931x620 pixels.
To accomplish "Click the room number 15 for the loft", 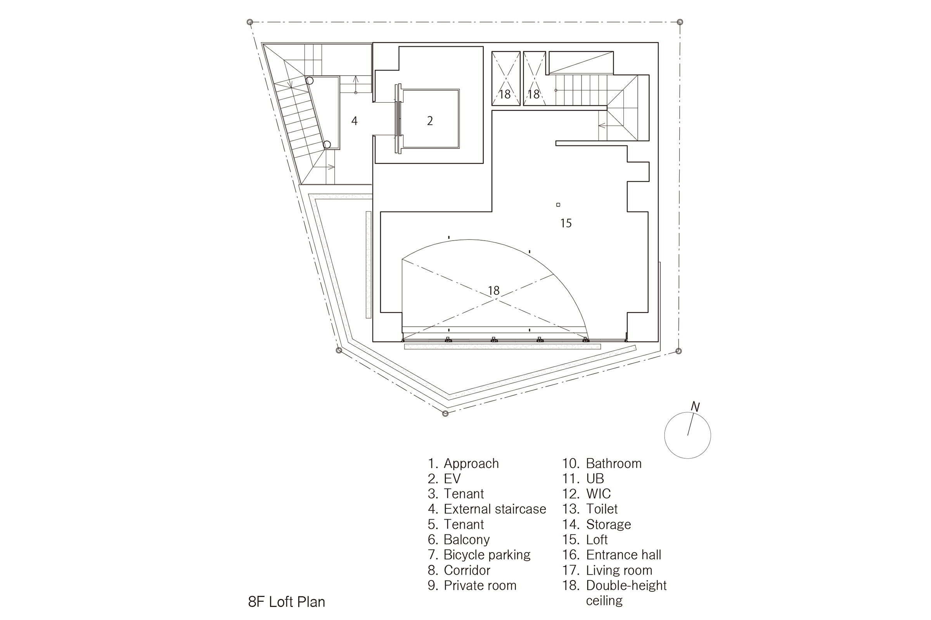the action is (566, 224).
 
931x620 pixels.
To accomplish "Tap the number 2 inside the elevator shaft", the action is (430, 121).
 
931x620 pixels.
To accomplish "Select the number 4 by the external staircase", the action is (354, 121).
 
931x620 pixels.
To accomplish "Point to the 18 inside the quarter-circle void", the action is (493, 291).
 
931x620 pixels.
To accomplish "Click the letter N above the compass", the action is (695, 407).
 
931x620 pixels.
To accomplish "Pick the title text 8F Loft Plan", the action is (287, 602).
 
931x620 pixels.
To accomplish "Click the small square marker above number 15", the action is (558, 205).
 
